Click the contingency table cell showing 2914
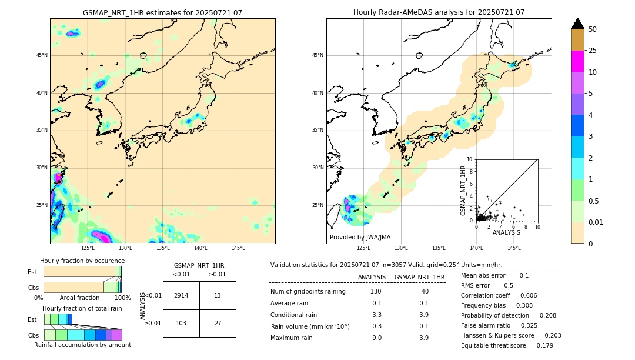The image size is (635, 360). pyautogui.click(x=181, y=295)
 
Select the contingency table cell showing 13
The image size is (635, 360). pyautogui.click(x=218, y=295)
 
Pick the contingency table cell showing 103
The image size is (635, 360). pyautogui.click(x=181, y=323)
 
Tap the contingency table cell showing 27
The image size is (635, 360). pyautogui.click(x=218, y=323)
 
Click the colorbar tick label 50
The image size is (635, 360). pyautogui.click(x=593, y=29)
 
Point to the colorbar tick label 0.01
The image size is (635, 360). pyautogui.click(x=596, y=222)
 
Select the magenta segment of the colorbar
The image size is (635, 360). pyautogui.click(x=577, y=61)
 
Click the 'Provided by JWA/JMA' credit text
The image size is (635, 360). pyautogui.click(x=360, y=238)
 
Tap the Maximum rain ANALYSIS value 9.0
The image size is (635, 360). pyautogui.click(x=377, y=338)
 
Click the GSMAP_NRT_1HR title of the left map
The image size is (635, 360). pyautogui.click(x=162, y=12)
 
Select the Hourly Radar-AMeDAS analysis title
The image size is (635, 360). pyautogui.click(x=439, y=12)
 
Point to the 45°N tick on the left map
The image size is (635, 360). pyautogui.click(x=42, y=55)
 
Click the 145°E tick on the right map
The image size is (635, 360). pyautogui.click(x=514, y=248)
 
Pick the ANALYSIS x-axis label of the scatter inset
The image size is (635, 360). pyautogui.click(x=506, y=232)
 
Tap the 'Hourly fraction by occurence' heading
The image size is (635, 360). pyautogui.click(x=82, y=261)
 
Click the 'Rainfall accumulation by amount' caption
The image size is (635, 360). pyautogui.click(x=82, y=345)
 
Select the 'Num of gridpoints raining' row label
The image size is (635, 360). pyautogui.click(x=308, y=292)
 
